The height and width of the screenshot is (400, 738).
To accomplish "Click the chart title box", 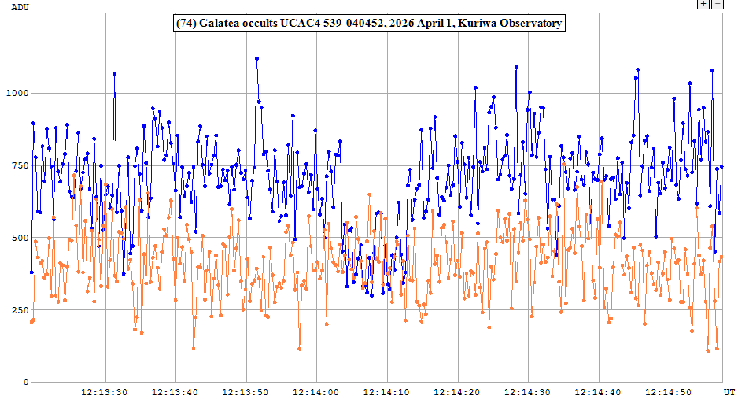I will (x=368, y=24).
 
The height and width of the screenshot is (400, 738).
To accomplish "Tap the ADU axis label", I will (x=11, y=6).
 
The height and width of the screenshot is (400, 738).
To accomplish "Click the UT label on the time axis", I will (x=729, y=391).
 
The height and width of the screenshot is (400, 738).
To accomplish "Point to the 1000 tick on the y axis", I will (x=16, y=93).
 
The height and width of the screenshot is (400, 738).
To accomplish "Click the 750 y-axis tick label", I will (x=19, y=165).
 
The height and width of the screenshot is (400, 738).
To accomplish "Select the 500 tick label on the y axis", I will (x=19, y=238).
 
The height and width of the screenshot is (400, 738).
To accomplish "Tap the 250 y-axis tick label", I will (x=19, y=310).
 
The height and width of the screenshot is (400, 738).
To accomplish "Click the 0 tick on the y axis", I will (x=25, y=382).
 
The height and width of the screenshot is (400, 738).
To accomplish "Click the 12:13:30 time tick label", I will (x=105, y=391).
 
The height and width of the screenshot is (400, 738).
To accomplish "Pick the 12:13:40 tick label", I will (x=175, y=391).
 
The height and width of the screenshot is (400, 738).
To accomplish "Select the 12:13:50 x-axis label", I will (x=246, y=391).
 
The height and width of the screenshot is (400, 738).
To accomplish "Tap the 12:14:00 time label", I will (x=317, y=391).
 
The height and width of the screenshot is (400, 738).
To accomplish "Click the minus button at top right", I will (x=717, y=4).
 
